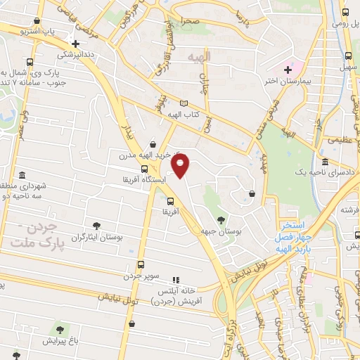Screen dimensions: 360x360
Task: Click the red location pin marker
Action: point(181,166)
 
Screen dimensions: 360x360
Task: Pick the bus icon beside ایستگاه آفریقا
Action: point(144,169)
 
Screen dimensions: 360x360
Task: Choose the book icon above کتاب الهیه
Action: point(184,103)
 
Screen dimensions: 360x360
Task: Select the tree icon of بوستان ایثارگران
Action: point(96,226)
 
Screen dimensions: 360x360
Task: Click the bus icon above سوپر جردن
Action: point(141,265)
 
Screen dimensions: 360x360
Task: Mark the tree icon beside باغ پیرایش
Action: point(59,329)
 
